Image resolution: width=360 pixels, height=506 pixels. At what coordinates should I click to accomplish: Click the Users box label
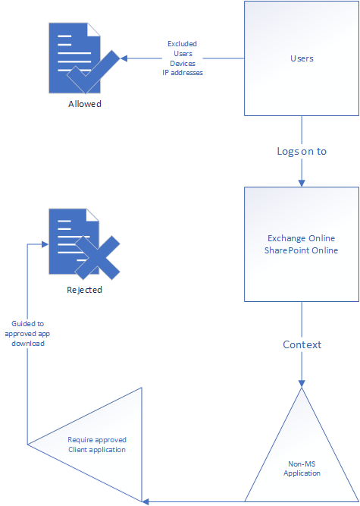(x=302, y=58)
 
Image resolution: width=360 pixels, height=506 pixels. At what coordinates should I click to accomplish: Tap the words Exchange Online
(x=302, y=238)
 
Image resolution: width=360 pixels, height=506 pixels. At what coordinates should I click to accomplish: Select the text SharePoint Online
(x=302, y=250)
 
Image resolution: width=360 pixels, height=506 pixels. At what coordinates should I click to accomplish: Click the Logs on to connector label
(x=302, y=151)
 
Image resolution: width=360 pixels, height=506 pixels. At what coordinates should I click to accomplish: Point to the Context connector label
(x=302, y=344)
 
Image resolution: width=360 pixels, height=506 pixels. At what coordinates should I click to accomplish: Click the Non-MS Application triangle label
(x=302, y=469)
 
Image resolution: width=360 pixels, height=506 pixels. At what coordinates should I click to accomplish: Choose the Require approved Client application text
(x=97, y=445)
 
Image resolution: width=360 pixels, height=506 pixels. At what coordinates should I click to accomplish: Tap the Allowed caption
(x=85, y=104)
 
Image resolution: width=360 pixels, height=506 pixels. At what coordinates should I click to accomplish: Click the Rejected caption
(x=84, y=290)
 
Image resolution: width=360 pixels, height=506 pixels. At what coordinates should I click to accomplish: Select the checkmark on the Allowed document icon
(x=93, y=71)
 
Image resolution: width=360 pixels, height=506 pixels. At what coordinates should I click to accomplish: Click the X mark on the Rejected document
(x=97, y=257)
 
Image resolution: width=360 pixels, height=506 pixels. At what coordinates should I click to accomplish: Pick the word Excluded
(x=183, y=43)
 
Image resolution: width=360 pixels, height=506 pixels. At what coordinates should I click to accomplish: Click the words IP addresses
(x=183, y=73)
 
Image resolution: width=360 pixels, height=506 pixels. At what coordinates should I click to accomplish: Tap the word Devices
(x=183, y=63)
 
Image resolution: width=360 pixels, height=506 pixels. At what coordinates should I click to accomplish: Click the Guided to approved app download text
(x=27, y=333)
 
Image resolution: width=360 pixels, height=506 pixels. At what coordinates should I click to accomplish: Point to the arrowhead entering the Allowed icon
(x=124, y=58)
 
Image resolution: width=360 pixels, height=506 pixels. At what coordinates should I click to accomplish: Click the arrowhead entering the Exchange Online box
(x=302, y=183)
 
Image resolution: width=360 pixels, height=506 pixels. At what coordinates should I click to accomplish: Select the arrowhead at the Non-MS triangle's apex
(x=302, y=383)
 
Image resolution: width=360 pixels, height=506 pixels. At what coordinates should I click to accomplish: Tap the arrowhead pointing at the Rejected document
(x=45, y=244)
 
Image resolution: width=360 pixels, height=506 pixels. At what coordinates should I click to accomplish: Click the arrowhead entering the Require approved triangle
(x=146, y=501)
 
